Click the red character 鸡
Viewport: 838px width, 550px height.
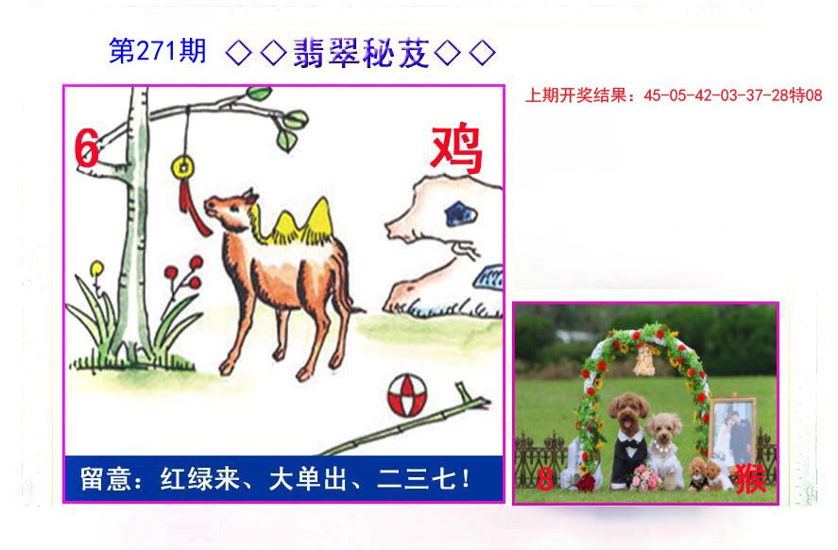pos(456,150)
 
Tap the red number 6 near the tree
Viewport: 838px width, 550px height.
pos(86,148)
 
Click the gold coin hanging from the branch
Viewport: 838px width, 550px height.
pos(182,168)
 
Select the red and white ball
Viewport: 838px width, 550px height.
pos(407,395)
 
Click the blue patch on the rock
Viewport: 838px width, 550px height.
pos(460,215)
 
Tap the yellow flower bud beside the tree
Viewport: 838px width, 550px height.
pos(96,268)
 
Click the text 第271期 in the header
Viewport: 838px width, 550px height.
pos(158,51)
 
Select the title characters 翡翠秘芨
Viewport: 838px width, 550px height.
pos(361,53)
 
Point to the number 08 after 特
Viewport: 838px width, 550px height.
pos(813,95)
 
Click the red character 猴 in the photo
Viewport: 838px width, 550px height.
pos(751,478)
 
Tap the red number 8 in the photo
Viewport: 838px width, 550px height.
pos(544,479)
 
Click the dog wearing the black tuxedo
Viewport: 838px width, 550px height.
pos(628,439)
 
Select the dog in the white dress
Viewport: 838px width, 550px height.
pos(664,450)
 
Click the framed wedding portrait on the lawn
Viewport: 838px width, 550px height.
pos(733,432)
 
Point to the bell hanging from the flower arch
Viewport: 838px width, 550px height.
pos(644,360)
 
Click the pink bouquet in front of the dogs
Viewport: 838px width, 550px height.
pos(645,477)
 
